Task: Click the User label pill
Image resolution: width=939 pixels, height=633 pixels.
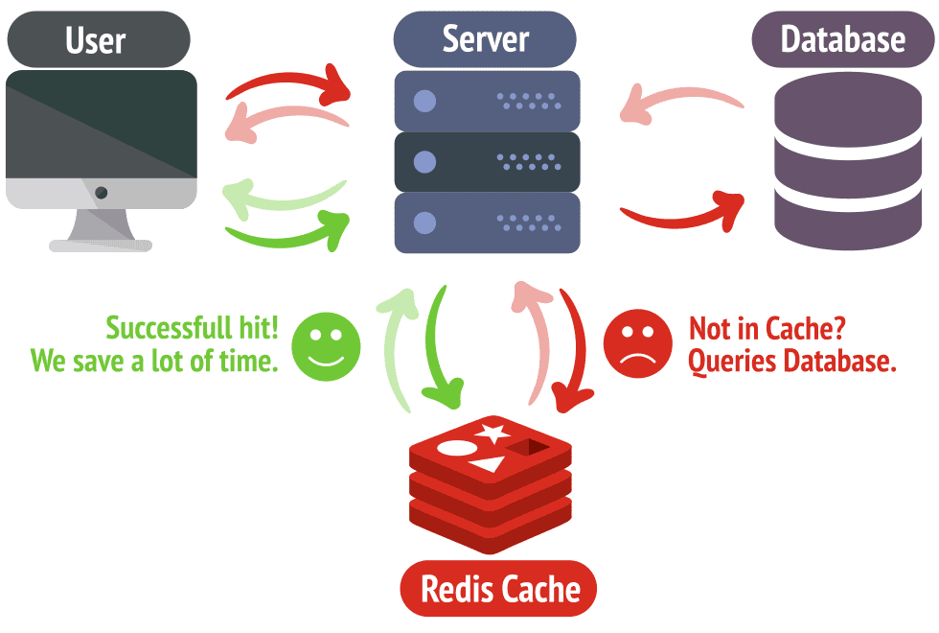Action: coord(97,39)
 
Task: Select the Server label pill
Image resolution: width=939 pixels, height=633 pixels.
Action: coord(485,39)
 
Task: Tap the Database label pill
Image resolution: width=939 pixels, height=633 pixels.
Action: coord(842,39)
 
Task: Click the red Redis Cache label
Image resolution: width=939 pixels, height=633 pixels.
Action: coord(497,588)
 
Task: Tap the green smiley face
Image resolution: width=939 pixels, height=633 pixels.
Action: coord(326,343)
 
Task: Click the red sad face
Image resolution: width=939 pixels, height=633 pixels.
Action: coord(638,344)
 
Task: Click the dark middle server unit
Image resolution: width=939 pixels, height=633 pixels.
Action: coord(487,162)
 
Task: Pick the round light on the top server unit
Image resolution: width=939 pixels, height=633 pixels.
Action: coord(424,101)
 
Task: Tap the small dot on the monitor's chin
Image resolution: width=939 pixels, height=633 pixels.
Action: coord(102,193)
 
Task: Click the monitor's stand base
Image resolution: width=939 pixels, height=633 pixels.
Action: coord(101,246)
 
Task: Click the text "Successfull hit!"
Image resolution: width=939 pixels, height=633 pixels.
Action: coord(192,328)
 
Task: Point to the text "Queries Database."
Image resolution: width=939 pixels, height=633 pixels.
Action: coord(792,362)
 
